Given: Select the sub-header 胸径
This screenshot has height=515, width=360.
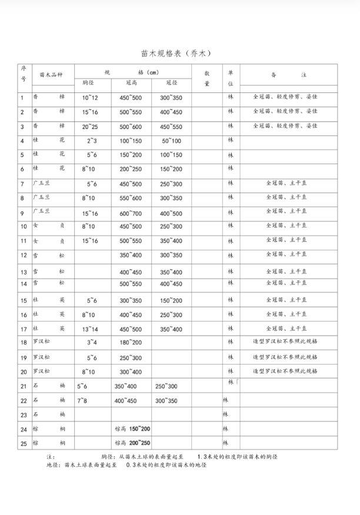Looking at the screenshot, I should (x=89, y=83).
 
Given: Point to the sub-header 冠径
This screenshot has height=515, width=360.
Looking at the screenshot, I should (x=171, y=83).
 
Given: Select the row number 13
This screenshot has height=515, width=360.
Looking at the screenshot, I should (x=24, y=272).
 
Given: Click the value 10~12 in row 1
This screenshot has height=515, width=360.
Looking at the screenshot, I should (x=90, y=98).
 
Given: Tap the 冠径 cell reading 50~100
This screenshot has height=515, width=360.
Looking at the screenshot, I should (x=171, y=141).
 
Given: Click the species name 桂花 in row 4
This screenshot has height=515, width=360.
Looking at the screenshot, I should (x=49, y=141).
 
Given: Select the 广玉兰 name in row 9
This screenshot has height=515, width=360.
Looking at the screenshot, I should (x=42, y=211).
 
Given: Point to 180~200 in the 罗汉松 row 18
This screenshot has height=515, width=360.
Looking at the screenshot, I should (x=131, y=343).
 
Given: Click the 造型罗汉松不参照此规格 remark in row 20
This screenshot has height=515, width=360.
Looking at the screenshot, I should (x=285, y=372).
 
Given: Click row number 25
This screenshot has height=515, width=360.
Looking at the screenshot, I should (x=24, y=443).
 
